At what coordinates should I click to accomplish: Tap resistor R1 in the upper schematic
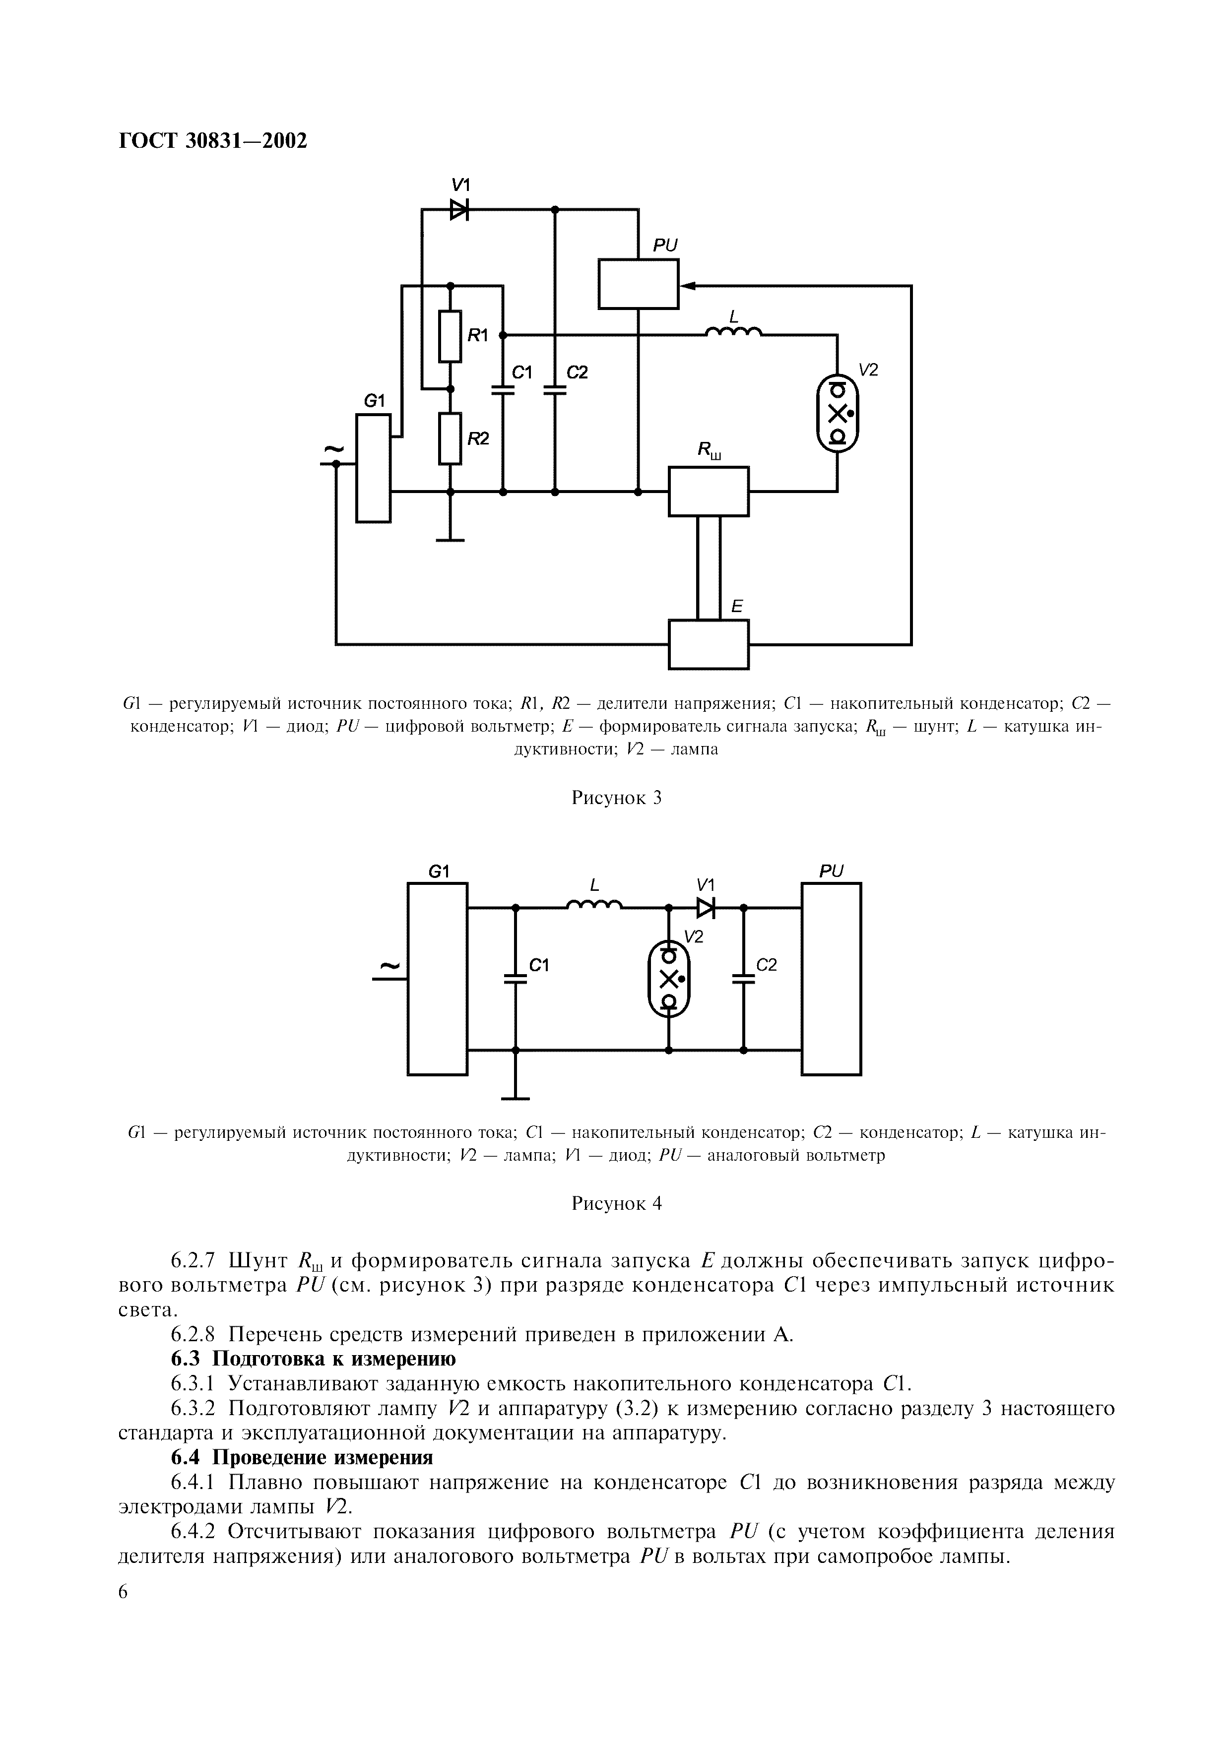[x=450, y=336]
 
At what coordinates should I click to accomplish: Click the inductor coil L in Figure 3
[x=733, y=331]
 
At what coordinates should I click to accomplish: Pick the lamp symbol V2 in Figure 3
[x=838, y=414]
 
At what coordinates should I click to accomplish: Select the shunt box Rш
[x=708, y=491]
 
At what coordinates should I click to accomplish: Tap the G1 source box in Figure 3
[x=374, y=468]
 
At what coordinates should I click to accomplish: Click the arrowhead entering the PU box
[x=687, y=286]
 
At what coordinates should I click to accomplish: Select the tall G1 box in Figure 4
[x=437, y=978]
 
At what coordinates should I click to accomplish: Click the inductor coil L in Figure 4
[x=594, y=903]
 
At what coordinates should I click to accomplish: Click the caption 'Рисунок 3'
[x=616, y=797]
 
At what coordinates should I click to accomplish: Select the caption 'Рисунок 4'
[x=616, y=1203]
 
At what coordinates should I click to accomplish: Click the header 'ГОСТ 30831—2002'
[x=214, y=141]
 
